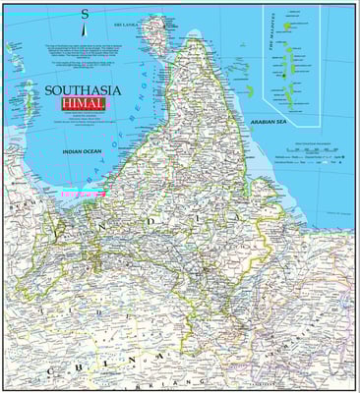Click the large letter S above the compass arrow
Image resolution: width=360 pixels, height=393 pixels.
[x=85, y=15]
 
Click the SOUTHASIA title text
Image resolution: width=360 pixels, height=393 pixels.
[x=83, y=90]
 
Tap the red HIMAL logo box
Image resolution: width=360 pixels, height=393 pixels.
[x=83, y=104]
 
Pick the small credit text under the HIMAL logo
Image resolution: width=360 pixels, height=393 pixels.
[x=83, y=121]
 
